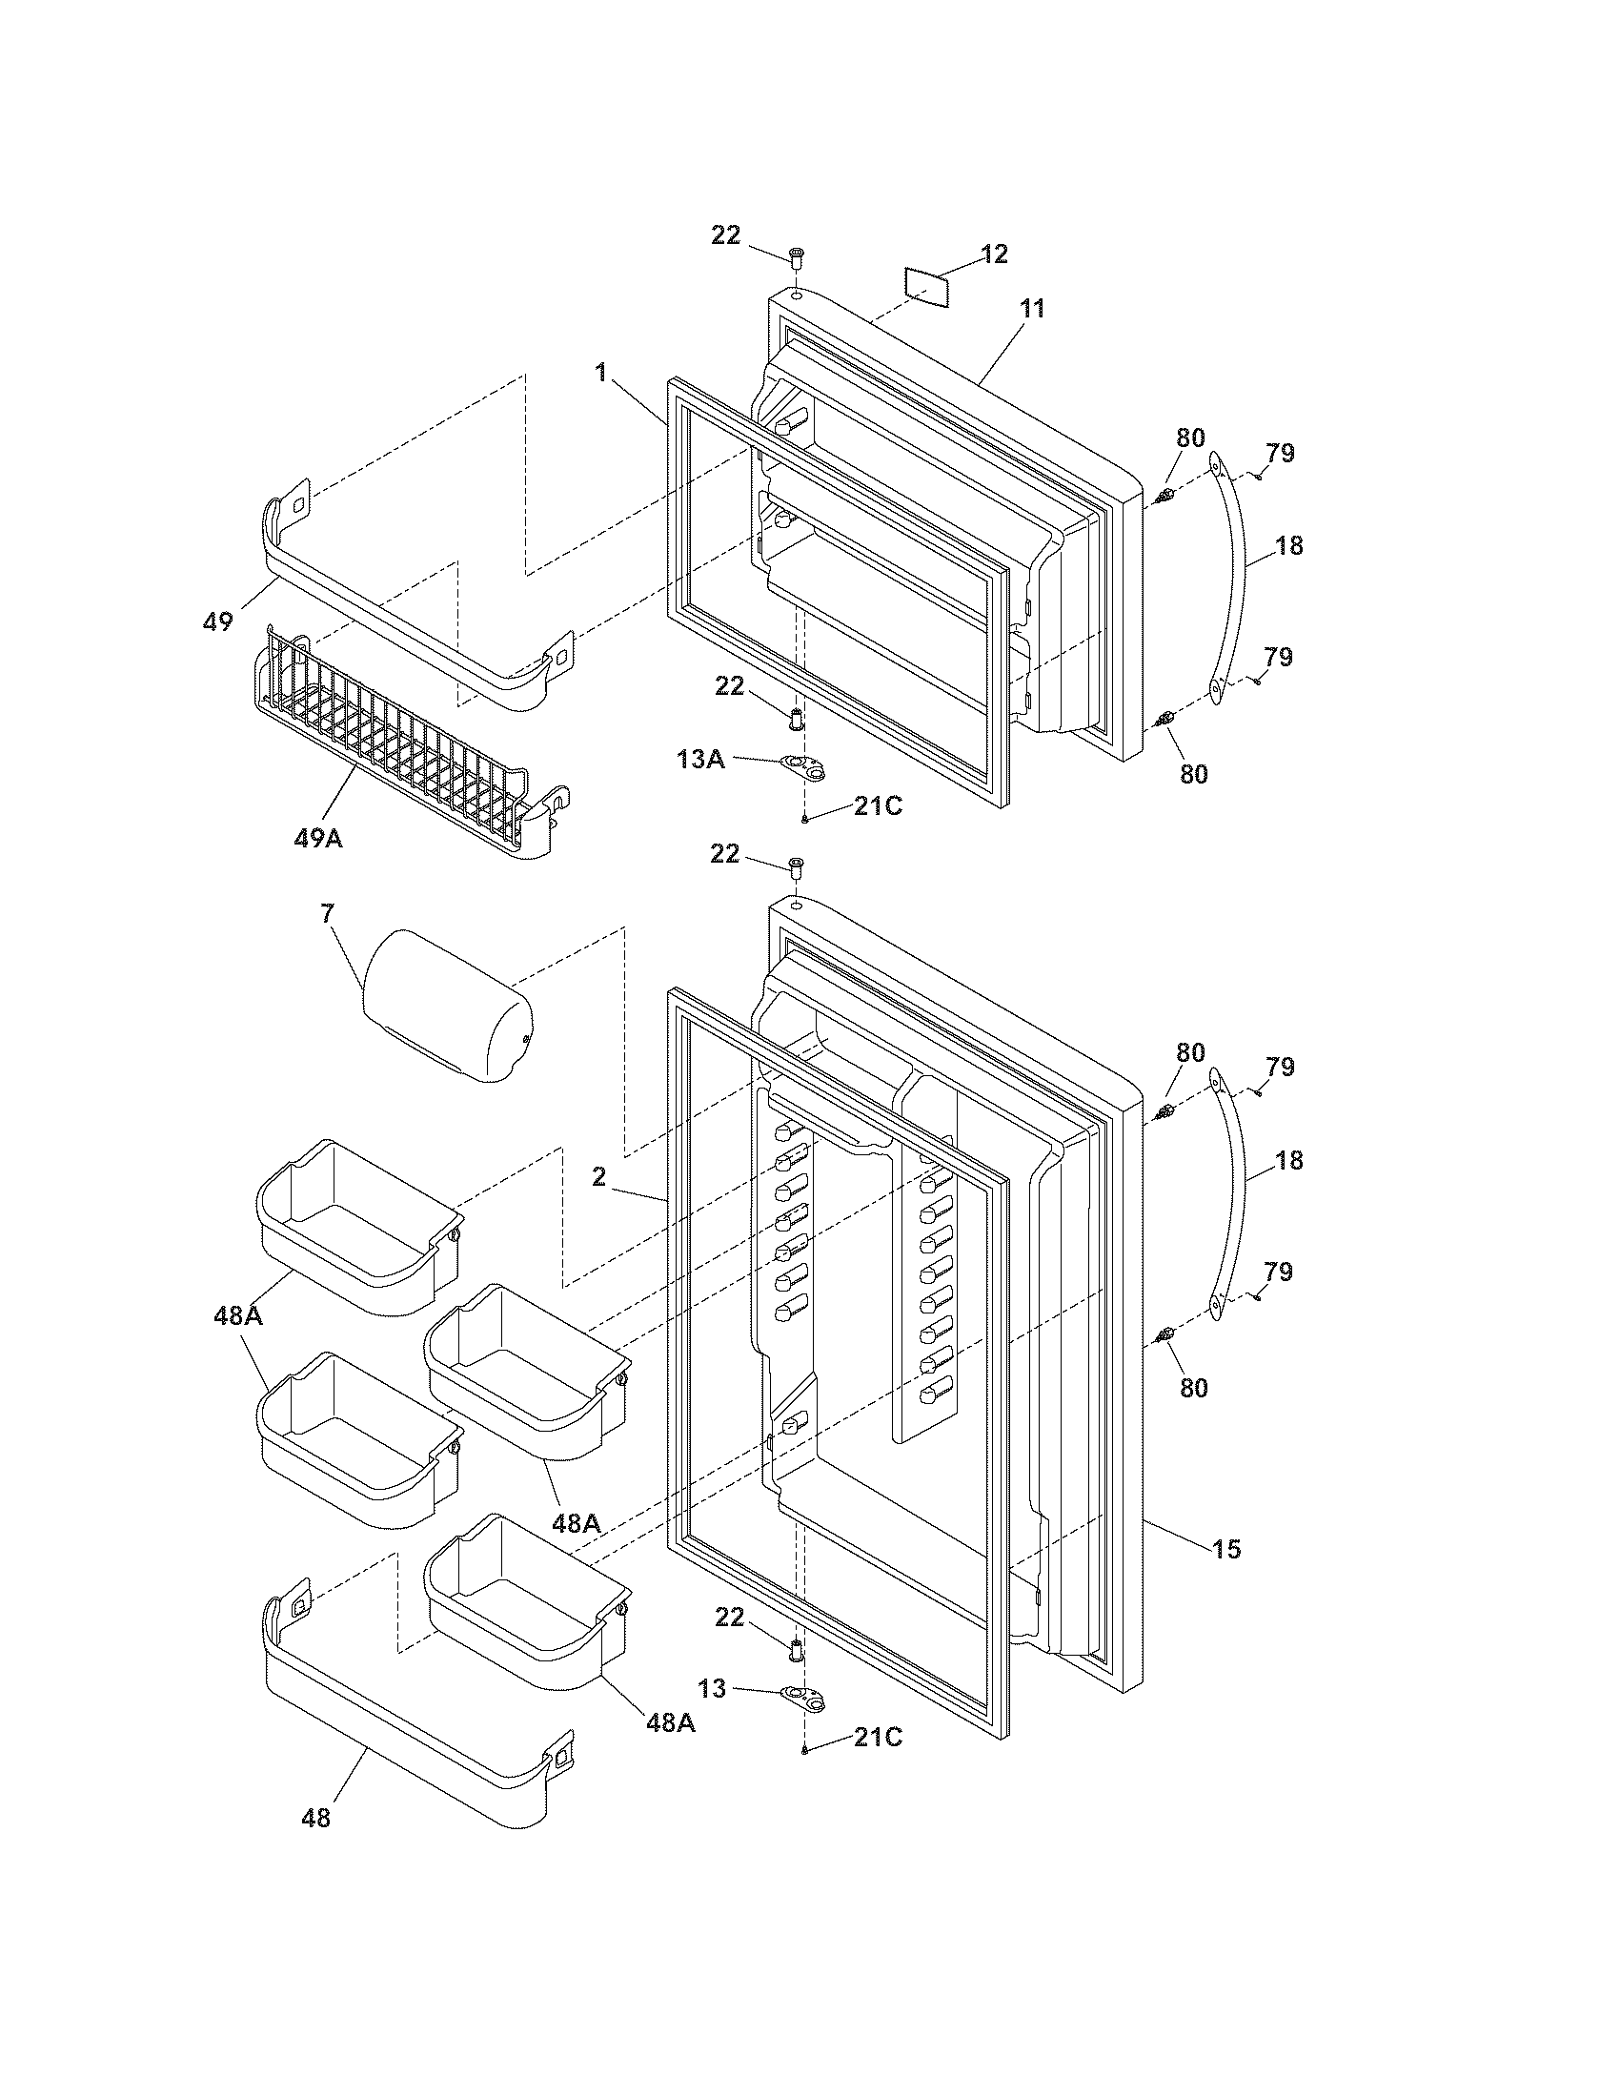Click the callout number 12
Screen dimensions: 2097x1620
click(994, 254)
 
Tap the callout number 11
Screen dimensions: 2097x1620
click(1033, 309)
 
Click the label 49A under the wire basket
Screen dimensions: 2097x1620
click(318, 838)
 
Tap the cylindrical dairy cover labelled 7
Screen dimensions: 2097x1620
click(447, 1007)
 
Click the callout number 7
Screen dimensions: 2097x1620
click(327, 913)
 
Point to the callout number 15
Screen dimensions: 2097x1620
click(1226, 1549)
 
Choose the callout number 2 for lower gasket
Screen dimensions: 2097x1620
click(598, 1176)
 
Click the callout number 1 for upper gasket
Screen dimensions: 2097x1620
click(601, 372)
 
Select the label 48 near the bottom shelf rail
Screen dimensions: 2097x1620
click(315, 1818)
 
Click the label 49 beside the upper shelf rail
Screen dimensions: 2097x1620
click(218, 621)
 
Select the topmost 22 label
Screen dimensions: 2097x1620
click(725, 234)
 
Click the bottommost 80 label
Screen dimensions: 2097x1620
click(1193, 1388)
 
